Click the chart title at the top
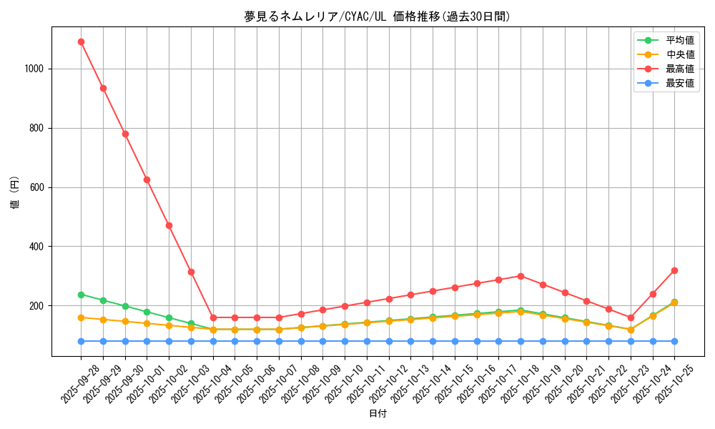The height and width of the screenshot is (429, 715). click(x=378, y=16)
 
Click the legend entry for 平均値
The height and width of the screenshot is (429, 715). click(x=679, y=40)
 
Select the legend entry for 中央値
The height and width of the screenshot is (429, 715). click(x=679, y=54)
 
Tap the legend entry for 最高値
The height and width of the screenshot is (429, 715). click(x=679, y=69)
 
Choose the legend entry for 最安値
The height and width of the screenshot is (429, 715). click(x=679, y=83)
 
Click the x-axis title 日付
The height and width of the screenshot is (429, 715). click(x=378, y=414)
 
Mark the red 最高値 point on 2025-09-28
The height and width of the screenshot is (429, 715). click(x=81, y=41)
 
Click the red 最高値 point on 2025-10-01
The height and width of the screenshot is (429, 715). click(x=147, y=179)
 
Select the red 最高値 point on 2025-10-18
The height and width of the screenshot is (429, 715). click(x=521, y=276)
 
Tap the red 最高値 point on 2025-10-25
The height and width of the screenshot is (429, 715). click(x=674, y=270)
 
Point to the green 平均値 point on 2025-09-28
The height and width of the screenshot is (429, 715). click(x=81, y=295)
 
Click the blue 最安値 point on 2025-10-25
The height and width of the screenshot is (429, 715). click(x=674, y=341)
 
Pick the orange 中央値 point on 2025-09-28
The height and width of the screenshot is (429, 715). click(x=81, y=317)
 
